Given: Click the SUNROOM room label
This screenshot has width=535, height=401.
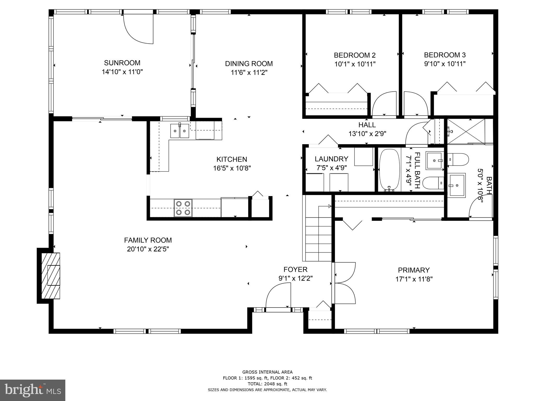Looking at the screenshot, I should pyautogui.click(x=122, y=63).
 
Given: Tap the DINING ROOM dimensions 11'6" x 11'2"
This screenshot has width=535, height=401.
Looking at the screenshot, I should pyautogui.click(x=249, y=73).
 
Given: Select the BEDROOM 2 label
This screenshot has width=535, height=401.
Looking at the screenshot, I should pyautogui.click(x=354, y=55).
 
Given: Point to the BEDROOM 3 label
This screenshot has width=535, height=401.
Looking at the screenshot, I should pyautogui.click(x=445, y=55).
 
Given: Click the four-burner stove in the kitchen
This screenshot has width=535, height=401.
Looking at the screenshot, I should pyautogui.click(x=183, y=208).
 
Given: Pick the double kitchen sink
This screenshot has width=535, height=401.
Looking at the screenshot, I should pyautogui.click(x=180, y=131).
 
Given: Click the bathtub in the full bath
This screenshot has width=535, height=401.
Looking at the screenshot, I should pyautogui.click(x=389, y=170).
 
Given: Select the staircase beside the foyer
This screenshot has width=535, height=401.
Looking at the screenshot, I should pyautogui.click(x=318, y=234).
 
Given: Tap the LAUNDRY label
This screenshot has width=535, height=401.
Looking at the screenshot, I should pyautogui.click(x=331, y=159).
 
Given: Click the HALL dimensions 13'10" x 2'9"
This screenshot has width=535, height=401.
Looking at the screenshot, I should pyautogui.click(x=367, y=134).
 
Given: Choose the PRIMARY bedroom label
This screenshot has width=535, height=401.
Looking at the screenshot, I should pyautogui.click(x=414, y=270).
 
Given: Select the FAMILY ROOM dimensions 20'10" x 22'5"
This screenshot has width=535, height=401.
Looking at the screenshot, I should pyautogui.click(x=148, y=249).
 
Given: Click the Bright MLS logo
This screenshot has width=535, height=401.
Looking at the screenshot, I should pyautogui.click(x=33, y=390).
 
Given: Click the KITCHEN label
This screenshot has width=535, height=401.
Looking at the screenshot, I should pyautogui.click(x=232, y=159).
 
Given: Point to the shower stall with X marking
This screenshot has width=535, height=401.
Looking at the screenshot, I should pyautogui.click(x=466, y=131).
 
